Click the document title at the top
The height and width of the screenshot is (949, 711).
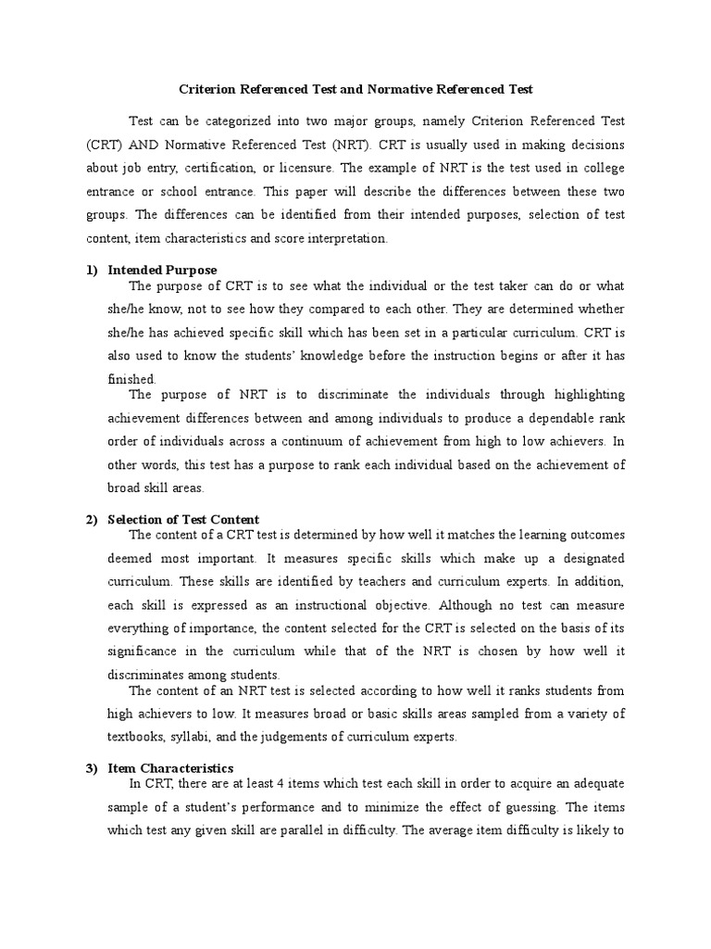pyautogui.click(x=355, y=90)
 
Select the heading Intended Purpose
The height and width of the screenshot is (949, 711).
pyautogui.click(x=162, y=270)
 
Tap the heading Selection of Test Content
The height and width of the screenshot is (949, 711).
pyautogui.click(x=183, y=520)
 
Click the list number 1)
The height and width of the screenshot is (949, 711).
pyautogui.click(x=92, y=270)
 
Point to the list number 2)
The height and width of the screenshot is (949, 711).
pyautogui.click(x=92, y=520)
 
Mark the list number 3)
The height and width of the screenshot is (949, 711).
pyautogui.click(x=92, y=768)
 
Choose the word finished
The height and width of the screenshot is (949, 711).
pyautogui.click(x=132, y=379)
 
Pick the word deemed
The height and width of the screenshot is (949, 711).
pyautogui.click(x=131, y=559)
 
